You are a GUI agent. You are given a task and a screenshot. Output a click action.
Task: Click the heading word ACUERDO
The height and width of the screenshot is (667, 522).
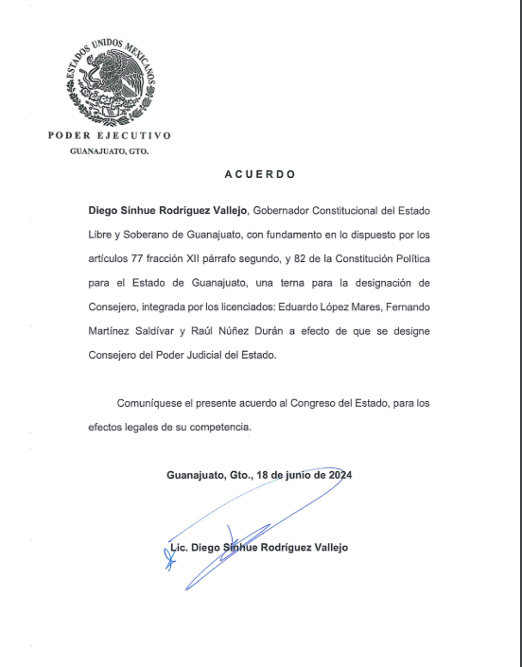pyautogui.click(x=260, y=174)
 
